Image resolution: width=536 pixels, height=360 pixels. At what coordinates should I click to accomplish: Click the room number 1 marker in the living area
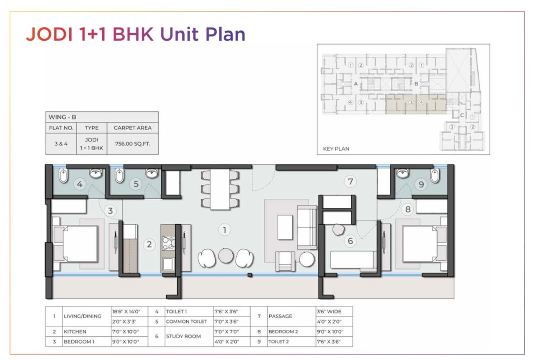224,230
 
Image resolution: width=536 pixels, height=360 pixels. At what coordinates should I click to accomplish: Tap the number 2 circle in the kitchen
149,244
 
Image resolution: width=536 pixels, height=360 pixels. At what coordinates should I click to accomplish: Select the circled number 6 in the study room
350,241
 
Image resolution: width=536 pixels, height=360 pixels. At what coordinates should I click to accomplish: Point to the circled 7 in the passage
350,182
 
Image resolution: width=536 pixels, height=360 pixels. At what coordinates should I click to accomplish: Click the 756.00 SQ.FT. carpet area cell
133,144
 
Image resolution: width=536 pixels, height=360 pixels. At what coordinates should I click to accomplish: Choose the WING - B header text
62,117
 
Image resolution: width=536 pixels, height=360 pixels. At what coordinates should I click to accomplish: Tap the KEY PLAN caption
336,149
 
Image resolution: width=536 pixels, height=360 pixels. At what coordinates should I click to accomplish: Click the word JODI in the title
49,34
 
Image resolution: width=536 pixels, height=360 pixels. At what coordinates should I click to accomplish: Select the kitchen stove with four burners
168,243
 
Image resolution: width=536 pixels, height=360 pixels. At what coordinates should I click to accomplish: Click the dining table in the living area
220,190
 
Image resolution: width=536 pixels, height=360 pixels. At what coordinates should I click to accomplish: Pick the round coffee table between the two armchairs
226,256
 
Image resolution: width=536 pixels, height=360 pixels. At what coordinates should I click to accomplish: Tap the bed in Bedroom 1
76,244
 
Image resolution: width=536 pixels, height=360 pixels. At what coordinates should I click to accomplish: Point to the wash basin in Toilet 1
96,173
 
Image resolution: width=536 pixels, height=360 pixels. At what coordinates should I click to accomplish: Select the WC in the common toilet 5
119,175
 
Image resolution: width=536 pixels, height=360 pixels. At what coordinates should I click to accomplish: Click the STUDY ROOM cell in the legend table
183,336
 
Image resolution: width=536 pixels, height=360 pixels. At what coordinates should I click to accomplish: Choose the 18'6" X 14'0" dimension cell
126,311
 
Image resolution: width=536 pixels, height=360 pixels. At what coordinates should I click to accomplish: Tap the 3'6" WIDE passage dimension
329,311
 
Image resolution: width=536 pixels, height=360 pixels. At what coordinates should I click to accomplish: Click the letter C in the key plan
462,115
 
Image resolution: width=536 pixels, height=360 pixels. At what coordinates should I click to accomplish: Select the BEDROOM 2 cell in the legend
283,332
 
